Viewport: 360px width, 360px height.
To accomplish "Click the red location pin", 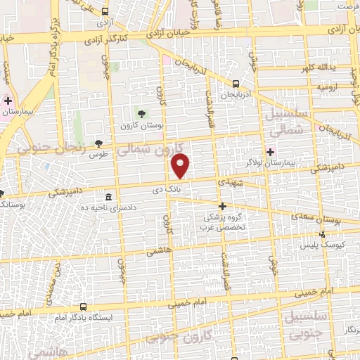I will tap(181, 165).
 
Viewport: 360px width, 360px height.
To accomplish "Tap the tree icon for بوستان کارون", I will tap(142, 112).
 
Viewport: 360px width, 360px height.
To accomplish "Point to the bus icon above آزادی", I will tap(105, 12).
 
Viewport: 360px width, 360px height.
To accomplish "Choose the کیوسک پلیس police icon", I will tap(323, 235).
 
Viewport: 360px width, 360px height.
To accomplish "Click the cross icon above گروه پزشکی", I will tap(223, 206).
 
